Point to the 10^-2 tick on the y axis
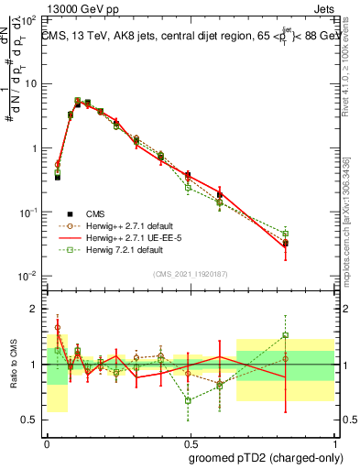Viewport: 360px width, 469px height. (x=29, y=277)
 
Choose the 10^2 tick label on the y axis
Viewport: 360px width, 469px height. (x=29, y=19)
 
